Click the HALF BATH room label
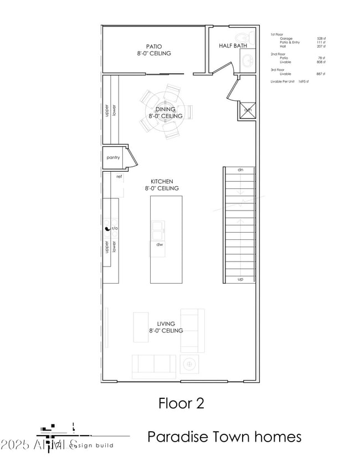pos(233,45)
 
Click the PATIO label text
pos(154,47)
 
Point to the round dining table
pos(164,113)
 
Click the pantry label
pos(113,157)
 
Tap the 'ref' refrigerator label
pos(119,176)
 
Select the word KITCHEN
pos(162,181)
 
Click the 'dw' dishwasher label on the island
pos(159,244)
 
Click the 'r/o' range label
pos(115,228)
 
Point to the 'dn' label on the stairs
pos(240,170)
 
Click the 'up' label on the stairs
pos(240,279)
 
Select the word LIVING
pos(166,324)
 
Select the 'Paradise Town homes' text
pos(224,437)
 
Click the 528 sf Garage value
pos(320,38)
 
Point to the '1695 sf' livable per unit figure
pos(303,81)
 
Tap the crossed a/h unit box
pos(247,110)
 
